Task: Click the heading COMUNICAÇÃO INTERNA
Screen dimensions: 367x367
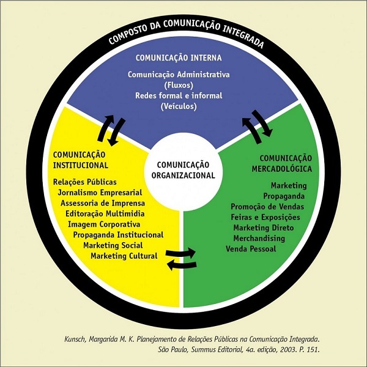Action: [179, 59]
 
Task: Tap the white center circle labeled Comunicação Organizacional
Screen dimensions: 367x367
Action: [183, 169]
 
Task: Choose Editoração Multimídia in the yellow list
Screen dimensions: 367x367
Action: [105, 213]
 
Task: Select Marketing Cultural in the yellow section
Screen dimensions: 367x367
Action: [124, 255]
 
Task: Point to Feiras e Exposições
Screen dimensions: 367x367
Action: [265, 217]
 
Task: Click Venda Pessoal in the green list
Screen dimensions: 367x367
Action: [251, 249]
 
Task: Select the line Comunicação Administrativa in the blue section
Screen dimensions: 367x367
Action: [179, 75]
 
